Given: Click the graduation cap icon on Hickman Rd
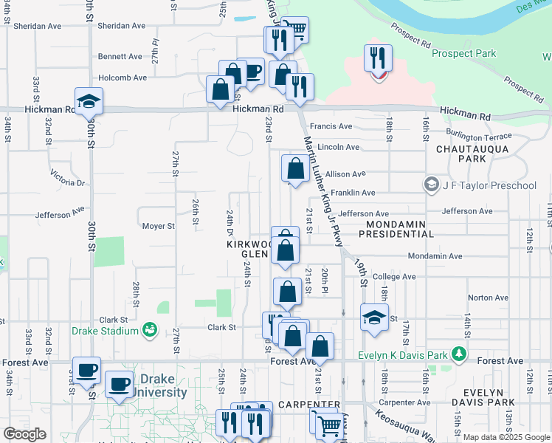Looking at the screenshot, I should coord(89,101).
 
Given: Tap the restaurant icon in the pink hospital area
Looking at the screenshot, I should coord(379,59).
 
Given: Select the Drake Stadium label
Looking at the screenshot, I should coord(105,331).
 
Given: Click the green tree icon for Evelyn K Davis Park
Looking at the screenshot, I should coord(460,354).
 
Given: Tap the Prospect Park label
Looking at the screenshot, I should coord(463,53).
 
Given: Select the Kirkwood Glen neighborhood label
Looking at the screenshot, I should coord(249,248).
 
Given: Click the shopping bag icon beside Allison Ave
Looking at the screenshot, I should coord(295,168).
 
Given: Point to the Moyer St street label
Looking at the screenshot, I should coord(158,226).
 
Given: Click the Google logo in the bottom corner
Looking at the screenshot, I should coord(24,433).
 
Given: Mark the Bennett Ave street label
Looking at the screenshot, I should coord(120,56).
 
